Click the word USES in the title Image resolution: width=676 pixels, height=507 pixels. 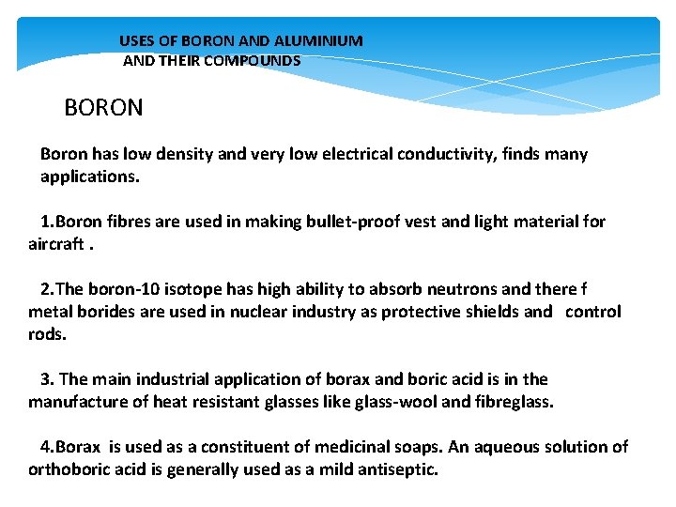(135, 41)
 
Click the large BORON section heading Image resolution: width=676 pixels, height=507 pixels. (103, 108)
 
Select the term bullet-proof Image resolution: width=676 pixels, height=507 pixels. (322, 222)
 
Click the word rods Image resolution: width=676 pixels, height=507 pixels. (47, 333)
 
